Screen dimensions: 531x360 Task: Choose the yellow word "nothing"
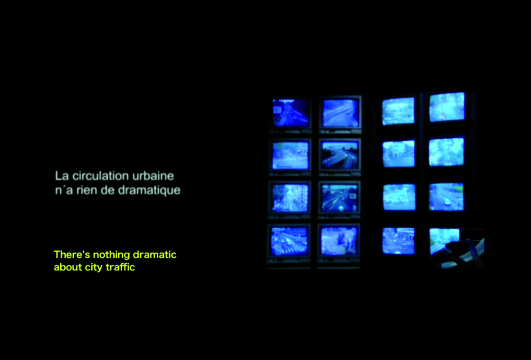112,255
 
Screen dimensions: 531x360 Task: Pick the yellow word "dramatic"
155,254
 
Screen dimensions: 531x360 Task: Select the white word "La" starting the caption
62,175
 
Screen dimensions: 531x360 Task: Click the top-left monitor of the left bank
290,113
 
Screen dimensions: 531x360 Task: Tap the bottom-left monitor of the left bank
289,241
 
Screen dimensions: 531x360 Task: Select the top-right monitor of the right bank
447,107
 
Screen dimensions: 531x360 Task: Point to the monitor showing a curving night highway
339,155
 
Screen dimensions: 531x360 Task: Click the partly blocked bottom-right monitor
444,241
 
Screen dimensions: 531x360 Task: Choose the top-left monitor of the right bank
398,111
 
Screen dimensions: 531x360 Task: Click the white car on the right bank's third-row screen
447,202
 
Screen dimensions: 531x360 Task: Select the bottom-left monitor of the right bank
399,241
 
